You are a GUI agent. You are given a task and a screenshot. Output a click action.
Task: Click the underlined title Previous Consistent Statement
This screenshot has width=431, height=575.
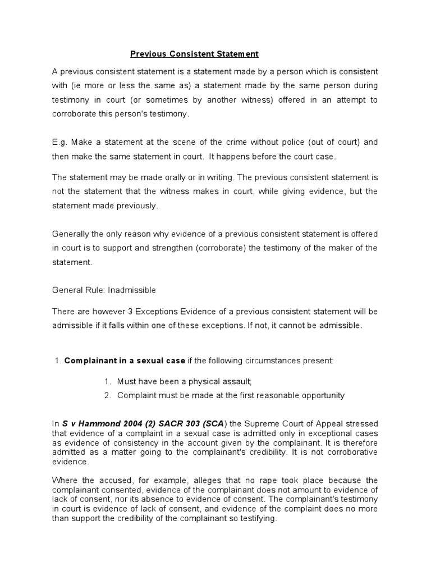[194, 54]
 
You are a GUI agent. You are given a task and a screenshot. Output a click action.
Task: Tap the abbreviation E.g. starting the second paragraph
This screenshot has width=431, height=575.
[60, 142]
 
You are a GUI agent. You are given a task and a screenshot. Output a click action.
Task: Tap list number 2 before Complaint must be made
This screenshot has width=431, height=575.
[108, 395]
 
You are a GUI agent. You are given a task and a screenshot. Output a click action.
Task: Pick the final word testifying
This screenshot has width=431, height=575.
[258, 519]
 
